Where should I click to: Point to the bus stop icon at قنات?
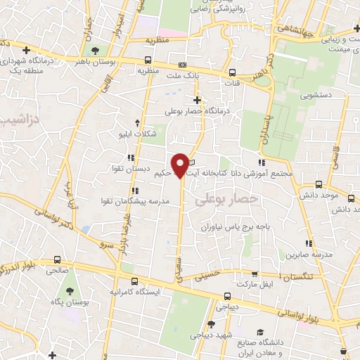point(231,72)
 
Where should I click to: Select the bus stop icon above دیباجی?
point(227,296)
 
